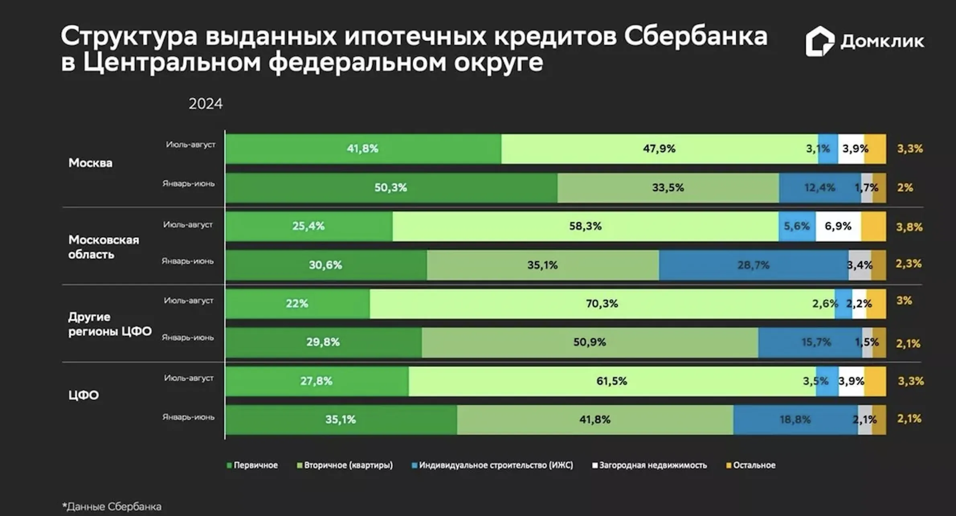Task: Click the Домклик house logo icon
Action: coord(819,41)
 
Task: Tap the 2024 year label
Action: coord(205,104)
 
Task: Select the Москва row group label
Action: coord(90,163)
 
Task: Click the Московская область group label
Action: coord(103,247)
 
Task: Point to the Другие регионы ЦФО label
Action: coord(109,324)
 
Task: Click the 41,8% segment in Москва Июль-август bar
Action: coord(363,149)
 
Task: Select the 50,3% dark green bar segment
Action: coord(391,188)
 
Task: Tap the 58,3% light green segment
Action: coord(585,226)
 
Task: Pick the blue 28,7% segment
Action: coord(753,265)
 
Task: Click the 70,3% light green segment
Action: coord(602,304)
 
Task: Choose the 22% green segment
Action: coord(297,304)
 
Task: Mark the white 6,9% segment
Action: coord(838,226)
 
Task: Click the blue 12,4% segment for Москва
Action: coord(819,188)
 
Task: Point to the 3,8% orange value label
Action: coord(909,227)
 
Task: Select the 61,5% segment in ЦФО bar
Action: coord(611,381)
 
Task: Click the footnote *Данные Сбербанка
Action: coord(112,507)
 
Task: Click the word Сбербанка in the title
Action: coord(695,36)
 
